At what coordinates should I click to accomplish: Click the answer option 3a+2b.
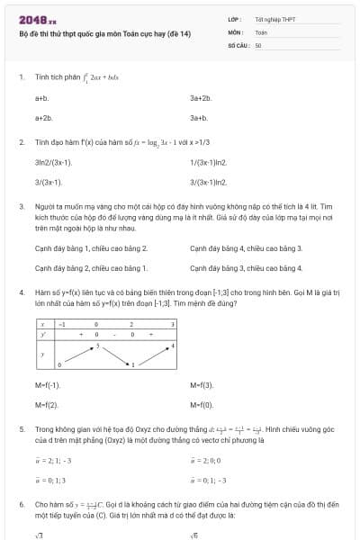[200, 96]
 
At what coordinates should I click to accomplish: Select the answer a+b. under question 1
[41, 96]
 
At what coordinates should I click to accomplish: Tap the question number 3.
[21, 207]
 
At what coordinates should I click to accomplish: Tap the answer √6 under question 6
[193, 536]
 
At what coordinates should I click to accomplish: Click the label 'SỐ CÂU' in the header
[238, 44]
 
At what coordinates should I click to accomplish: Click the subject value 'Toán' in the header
[261, 31]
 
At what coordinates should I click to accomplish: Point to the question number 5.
[21, 429]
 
